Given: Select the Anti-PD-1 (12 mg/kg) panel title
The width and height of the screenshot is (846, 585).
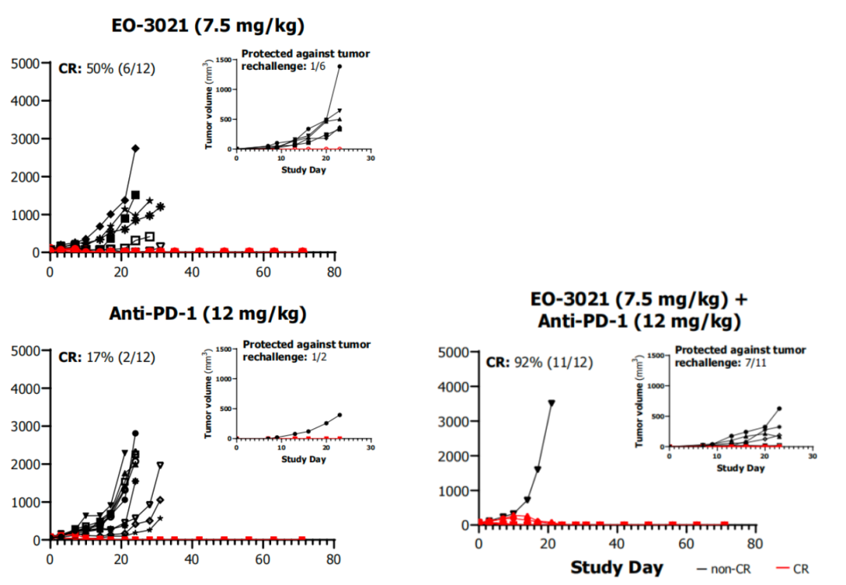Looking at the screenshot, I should pyautogui.click(x=208, y=314).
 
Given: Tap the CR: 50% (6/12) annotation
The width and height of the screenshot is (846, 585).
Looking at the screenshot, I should pyautogui.click(x=107, y=68).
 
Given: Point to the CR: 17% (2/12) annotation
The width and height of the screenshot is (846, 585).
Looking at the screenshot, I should pyautogui.click(x=107, y=356).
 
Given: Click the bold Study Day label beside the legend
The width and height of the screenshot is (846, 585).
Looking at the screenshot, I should pyautogui.click(x=616, y=567).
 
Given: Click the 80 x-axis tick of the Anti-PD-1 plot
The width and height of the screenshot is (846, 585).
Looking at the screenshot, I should pyautogui.click(x=334, y=559).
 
